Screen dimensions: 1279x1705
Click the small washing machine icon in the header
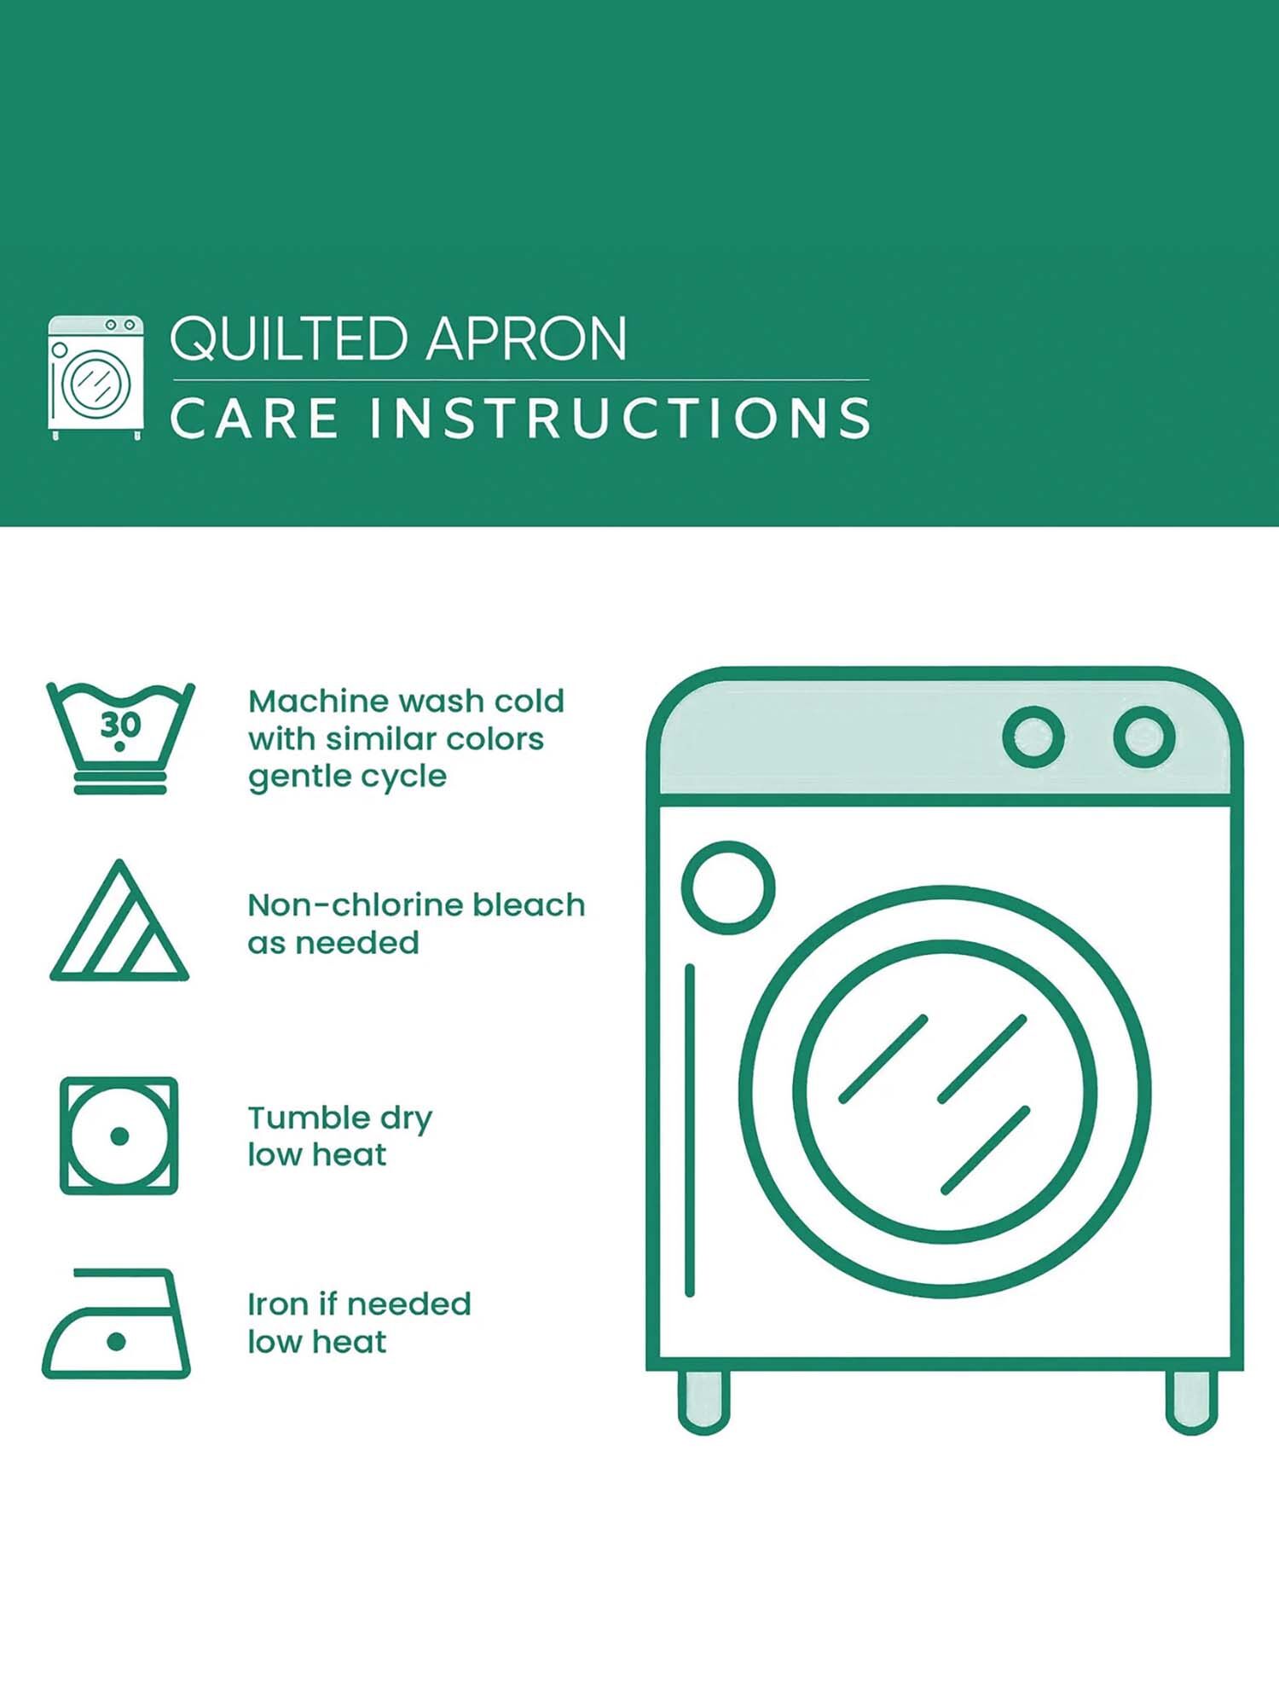coord(95,378)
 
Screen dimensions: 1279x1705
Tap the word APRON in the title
coord(527,339)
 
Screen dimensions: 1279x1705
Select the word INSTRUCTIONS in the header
coord(620,418)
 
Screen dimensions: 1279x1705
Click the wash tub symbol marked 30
coord(120,738)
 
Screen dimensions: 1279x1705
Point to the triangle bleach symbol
coord(119,921)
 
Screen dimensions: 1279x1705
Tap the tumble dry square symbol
coord(119,1136)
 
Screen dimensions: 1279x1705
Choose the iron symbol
coord(117,1323)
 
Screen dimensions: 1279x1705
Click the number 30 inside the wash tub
coord(120,725)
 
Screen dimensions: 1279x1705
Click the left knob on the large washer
coord(1033,737)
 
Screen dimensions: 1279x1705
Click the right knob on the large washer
coord(1144,737)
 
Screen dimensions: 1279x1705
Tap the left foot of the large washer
coord(704,1401)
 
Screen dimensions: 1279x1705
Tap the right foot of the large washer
coord(1191,1401)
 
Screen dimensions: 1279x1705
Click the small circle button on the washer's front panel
coord(728,887)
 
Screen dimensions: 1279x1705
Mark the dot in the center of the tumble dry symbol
coord(119,1136)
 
